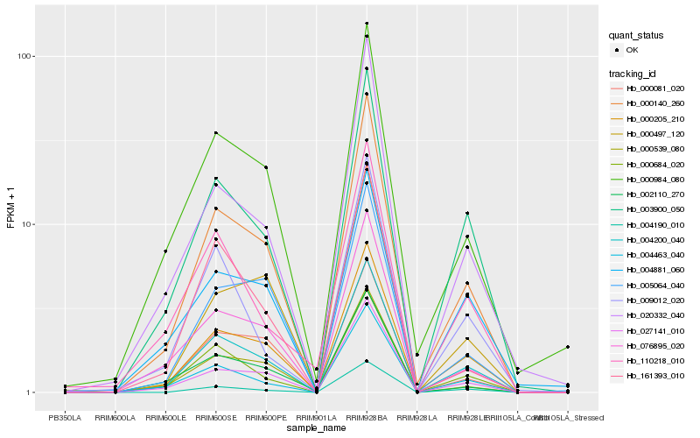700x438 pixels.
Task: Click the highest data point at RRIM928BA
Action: point(367,24)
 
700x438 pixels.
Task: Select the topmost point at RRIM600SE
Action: point(215,133)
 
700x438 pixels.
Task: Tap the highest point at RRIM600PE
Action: point(266,167)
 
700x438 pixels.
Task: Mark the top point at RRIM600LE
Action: point(165,251)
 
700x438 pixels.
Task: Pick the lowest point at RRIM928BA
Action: point(367,361)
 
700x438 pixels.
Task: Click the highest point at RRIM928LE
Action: point(467,213)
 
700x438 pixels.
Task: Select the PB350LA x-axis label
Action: point(65,418)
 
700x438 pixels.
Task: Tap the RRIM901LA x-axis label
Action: point(316,418)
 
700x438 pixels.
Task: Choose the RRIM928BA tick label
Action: point(367,418)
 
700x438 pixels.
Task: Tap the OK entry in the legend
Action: point(633,50)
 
